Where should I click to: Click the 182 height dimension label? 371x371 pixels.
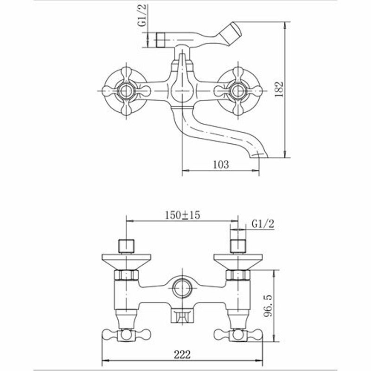pyautogui.click(x=280, y=89)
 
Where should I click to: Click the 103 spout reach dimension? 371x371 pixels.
pyautogui.click(x=221, y=165)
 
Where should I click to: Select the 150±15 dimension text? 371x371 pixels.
pyautogui.click(x=182, y=215)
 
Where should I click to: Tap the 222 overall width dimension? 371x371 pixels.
pyautogui.click(x=182, y=355)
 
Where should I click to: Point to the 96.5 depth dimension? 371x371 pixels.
pyautogui.click(x=268, y=306)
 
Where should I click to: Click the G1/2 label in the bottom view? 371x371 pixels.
pyautogui.click(x=263, y=224)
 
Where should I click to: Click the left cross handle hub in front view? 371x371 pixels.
pyautogui.click(x=126, y=91)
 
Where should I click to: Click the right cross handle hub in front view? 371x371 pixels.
pyautogui.click(x=237, y=91)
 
